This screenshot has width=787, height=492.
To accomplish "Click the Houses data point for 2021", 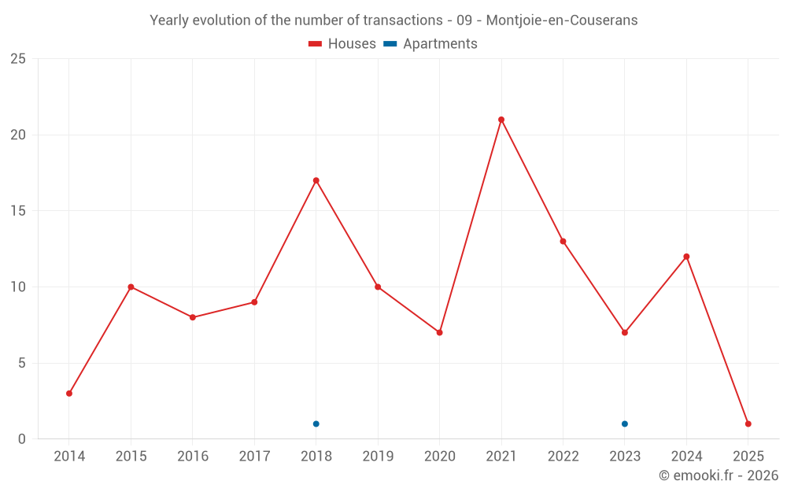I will click(x=501, y=120).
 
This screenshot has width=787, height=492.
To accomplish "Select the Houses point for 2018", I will click(x=316, y=180).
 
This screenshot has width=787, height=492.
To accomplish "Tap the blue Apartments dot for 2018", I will click(x=316, y=424).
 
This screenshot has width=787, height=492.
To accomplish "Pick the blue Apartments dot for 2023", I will click(x=625, y=424).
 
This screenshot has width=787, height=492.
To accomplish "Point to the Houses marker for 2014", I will click(x=69, y=394).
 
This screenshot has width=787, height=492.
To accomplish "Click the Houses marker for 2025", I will click(x=748, y=424).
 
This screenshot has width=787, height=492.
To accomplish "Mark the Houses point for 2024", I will click(x=686, y=257).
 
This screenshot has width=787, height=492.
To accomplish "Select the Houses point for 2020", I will click(x=440, y=332).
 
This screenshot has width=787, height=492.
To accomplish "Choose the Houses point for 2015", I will click(x=131, y=287).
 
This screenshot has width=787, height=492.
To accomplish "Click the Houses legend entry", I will click(x=342, y=44).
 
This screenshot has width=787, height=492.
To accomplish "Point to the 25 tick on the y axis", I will click(x=18, y=59).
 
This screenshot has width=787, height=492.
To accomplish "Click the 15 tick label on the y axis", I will click(x=18, y=211).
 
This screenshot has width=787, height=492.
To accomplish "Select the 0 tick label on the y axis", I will click(x=22, y=439).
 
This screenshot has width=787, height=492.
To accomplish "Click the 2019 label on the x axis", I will click(x=378, y=457).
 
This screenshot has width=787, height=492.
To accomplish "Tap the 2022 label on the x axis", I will click(x=563, y=457).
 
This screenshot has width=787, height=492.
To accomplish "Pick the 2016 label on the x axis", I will click(x=193, y=457).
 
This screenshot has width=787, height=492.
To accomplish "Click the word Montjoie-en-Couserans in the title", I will click(x=562, y=20).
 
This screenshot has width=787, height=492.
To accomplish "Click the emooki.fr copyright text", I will click(x=719, y=475).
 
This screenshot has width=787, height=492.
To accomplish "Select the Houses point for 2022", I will click(x=563, y=242).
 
